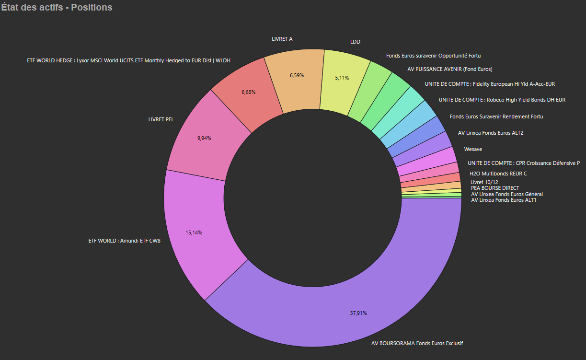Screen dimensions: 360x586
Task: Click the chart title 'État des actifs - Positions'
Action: click(x=57, y=8)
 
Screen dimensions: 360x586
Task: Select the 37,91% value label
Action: click(x=358, y=313)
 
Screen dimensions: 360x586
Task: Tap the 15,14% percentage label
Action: click(x=194, y=232)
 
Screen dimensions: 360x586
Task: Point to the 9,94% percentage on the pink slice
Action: click(x=204, y=138)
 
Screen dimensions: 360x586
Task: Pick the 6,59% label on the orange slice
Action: click(x=297, y=75)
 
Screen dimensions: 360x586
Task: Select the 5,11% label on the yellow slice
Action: click(x=342, y=77)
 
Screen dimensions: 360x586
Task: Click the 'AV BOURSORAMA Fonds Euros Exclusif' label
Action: click(x=417, y=343)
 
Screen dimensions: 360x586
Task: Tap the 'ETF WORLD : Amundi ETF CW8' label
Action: click(x=125, y=241)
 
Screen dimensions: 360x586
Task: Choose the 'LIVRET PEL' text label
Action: click(x=161, y=119)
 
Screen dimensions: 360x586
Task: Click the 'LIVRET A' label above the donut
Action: click(x=282, y=39)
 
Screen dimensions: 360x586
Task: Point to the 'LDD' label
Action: click(x=355, y=42)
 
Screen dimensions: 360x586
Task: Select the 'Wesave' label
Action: click(x=473, y=149)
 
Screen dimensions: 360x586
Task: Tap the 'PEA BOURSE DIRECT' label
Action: click(x=495, y=188)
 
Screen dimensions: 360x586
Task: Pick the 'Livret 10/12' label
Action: click(x=485, y=182)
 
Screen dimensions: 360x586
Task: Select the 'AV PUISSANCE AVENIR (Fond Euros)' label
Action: click(x=450, y=69)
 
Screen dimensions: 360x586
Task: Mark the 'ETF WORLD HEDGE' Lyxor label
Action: click(x=129, y=60)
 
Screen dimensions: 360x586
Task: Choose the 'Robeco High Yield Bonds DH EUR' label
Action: click(x=502, y=100)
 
